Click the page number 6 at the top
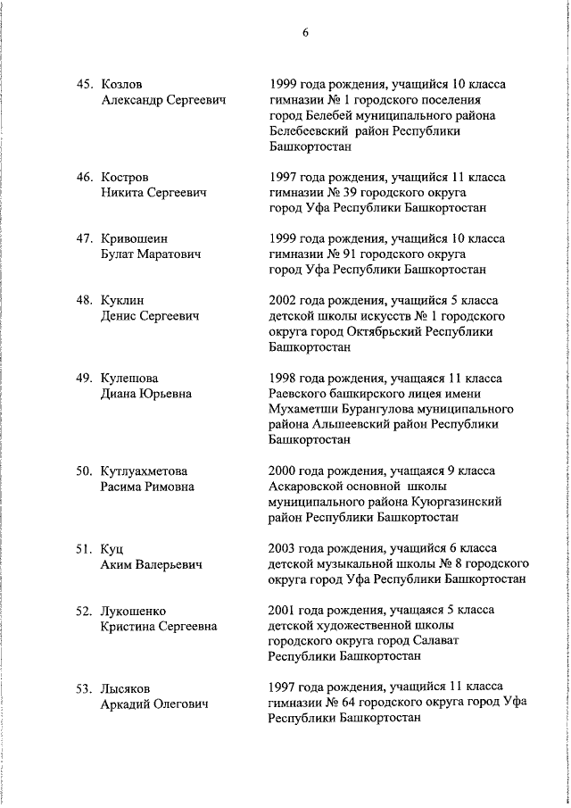305,33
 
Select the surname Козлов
122,84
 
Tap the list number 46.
85,177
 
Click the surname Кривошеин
135,238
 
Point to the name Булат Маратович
151,254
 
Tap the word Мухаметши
304,409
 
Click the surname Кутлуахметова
149,471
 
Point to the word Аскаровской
309,486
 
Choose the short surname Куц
112,548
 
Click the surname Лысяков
126,688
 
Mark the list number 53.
85,688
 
